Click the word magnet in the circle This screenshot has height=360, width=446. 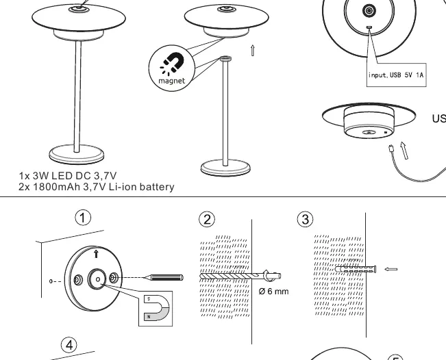[x=171, y=81]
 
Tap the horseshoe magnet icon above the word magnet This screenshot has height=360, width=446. [x=172, y=64]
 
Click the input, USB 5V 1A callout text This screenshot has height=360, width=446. [x=396, y=75]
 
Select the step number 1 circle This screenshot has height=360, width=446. [x=83, y=218]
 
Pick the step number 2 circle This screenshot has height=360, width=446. [x=207, y=219]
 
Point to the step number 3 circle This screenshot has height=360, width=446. [x=305, y=219]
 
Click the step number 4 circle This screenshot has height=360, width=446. [x=69, y=345]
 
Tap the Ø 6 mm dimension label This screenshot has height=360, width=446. [x=273, y=292]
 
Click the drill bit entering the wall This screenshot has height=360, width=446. [x=240, y=276]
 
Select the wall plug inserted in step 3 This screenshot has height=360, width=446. [x=356, y=269]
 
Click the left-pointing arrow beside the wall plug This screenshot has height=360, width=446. [x=391, y=269]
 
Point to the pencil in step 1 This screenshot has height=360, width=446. [x=164, y=277]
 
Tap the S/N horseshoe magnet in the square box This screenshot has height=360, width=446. [x=157, y=308]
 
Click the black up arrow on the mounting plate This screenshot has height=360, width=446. [x=96, y=254]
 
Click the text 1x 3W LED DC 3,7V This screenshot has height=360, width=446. [x=68, y=176]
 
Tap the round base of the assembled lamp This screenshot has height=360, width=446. [x=77, y=154]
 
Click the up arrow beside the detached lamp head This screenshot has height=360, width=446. [x=252, y=50]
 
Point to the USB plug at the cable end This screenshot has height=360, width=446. [x=391, y=148]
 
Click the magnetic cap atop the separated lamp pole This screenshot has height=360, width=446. [x=225, y=59]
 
